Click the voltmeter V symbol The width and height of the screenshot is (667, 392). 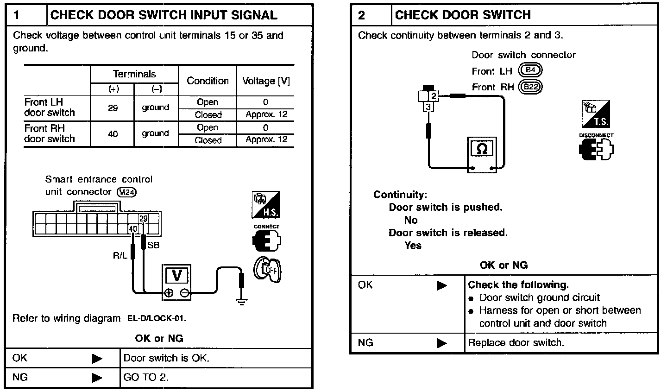(x=176, y=276)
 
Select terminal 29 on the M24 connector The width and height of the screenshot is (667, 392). (x=144, y=219)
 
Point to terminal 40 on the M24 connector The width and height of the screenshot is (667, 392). (x=133, y=229)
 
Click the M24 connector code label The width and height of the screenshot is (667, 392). (x=127, y=192)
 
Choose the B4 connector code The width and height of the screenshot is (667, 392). (x=531, y=71)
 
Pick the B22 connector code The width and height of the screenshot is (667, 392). (x=531, y=87)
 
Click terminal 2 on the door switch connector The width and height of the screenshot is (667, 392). (x=434, y=96)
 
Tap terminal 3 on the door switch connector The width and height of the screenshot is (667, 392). (x=428, y=107)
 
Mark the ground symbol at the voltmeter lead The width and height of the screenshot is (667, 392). (x=241, y=301)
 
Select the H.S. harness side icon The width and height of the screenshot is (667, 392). (x=266, y=205)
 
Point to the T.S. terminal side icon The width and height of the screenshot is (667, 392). (x=596, y=114)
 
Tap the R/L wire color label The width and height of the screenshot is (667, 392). (x=120, y=255)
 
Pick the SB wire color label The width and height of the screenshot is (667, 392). (x=153, y=245)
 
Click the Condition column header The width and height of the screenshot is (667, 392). (x=208, y=81)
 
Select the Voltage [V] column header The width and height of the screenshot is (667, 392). (x=266, y=81)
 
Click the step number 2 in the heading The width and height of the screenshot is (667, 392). (x=362, y=15)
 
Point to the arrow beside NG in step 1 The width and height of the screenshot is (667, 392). (x=97, y=378)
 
